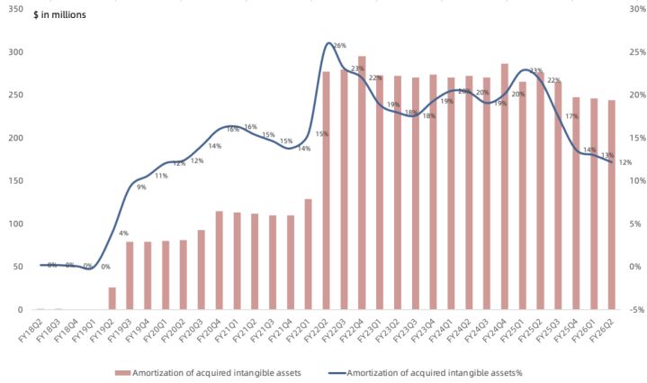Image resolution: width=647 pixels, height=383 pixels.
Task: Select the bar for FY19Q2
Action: [x=112, y=298]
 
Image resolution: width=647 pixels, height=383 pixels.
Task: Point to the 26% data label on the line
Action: [x=339, y=45]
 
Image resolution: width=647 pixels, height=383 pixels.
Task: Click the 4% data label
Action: [x=123, y=234]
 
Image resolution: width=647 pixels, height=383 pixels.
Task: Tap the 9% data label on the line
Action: [x=141, y=187]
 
